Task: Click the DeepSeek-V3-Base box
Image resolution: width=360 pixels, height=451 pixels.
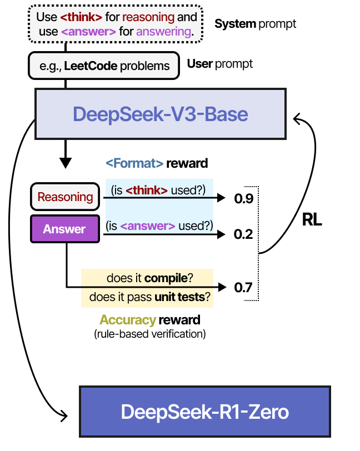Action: pyautogui.click(x=160, y=114)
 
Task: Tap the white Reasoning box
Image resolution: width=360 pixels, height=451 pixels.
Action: pyautogui.click(x=64, y=197)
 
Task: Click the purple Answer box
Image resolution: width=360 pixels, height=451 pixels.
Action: pyautogui.click(x=64, y=229)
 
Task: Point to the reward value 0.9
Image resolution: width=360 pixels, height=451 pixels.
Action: pyautogui.click(x=243, y=198)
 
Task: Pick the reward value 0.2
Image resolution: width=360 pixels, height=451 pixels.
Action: pyautogui.click(x=243, y=234)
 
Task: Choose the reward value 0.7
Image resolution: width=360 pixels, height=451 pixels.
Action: pyautogui.click(x=243, y=287)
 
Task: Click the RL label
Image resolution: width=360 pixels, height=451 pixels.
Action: pyautogui.click(x=312, y=219)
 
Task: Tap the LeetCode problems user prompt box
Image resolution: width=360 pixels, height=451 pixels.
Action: pyautogui.click(x=104, y=66)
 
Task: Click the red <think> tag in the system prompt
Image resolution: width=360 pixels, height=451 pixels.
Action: pyautogui.click(x=81, y=17)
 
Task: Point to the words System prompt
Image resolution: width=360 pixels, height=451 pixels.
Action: pyautogui.click(x=255, y=24)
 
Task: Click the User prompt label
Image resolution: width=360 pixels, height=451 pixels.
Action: pyautogui.click(x=219, y=64)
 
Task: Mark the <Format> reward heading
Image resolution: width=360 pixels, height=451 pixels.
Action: pyautogui.click(x=157, y=163)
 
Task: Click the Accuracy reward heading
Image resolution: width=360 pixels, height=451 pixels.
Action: pyautogui.click(x=149, y=320)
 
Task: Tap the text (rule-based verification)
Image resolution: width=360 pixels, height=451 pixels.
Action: pyautogui.click(x=149, y=334)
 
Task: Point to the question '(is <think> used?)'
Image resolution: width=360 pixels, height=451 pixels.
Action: pyautogui.click(x=159, y=191)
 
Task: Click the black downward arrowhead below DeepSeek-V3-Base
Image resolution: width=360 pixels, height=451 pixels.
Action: pyautogui.click(x=66, y=163)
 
